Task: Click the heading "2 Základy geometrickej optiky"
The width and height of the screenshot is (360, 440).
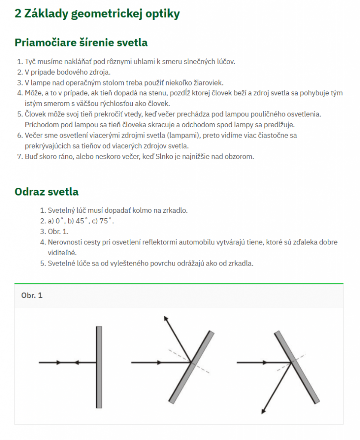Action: [x=97, y=14]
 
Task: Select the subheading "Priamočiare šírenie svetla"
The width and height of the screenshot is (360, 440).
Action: [x=81, y=43]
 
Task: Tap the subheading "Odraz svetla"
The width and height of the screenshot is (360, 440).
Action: [x=46, y=191]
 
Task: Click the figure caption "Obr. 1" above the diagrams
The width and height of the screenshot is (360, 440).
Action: [x=32, y=295]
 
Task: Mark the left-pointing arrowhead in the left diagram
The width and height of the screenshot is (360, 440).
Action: [x=77, y=362]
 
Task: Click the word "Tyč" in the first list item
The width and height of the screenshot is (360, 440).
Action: [x=30, y=61]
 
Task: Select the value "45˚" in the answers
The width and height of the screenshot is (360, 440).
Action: [x=82, y=221]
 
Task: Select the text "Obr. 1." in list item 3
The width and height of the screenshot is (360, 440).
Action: [x=58, y=232]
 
